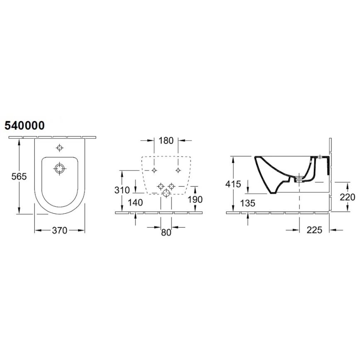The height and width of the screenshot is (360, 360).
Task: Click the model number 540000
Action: pyautogui.click(x=24, y=125)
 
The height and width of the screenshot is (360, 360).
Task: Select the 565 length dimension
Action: pyautogui.click(x=18, y=176)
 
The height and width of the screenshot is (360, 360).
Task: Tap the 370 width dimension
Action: pyautogui.click(x=60, y=231)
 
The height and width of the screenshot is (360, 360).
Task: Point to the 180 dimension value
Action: pyautogui.click(x=166, y=141)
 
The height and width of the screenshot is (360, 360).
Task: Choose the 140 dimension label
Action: pyautogui.click(x=136, y=202)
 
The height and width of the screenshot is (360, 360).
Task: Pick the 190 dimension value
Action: pyautogui.click(x=195, y=199)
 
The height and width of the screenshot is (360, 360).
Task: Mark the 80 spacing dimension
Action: pyautogui.click(x=166, y=233)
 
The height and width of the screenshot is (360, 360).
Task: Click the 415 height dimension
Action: pyautogui.click(x=233, y=184)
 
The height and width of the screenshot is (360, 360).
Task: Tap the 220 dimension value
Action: pyautogui.click(x=347, y=197)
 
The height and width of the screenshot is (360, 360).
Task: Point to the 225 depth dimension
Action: pyautogui.click(x=314, y=230)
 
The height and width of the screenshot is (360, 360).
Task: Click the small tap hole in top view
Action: pyautogui.click(x=60, y=148)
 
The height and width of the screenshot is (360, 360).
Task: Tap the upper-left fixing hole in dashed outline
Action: pyautogui.click(x=154, y=170)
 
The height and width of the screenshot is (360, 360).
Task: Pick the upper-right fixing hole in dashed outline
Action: pyautogui.click(x=178, y=170)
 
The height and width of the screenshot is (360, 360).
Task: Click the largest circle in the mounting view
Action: pyautogui.click(x=166, y=193)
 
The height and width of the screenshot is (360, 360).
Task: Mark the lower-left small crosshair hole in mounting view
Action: pyautogui.click(x=161, y=187)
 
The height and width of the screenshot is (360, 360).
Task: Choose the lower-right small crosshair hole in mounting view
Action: pyautogui.click(x=171, y=187)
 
